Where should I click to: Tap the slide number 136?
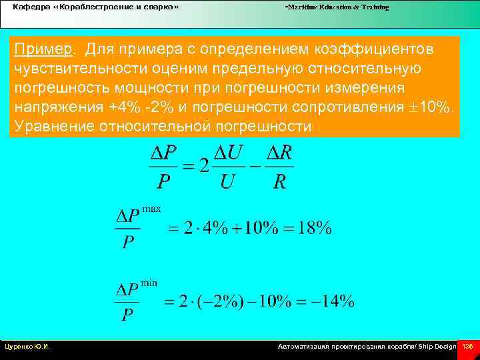[467, 347]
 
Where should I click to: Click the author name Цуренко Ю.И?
[27, 347]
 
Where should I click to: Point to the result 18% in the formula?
[314, 228]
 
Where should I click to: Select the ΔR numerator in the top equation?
[279, 153]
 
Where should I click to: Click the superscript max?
[151, 209]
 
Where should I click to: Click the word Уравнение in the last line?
[50, 127]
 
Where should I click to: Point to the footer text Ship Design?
[437, 347]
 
